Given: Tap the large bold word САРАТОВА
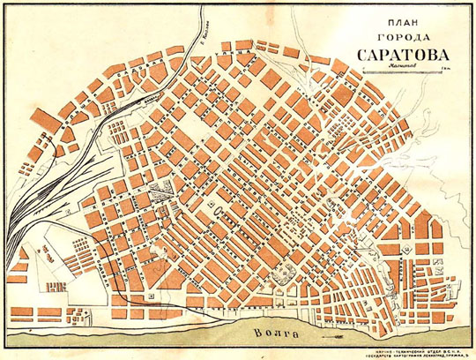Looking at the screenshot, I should (x=393, y=55).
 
